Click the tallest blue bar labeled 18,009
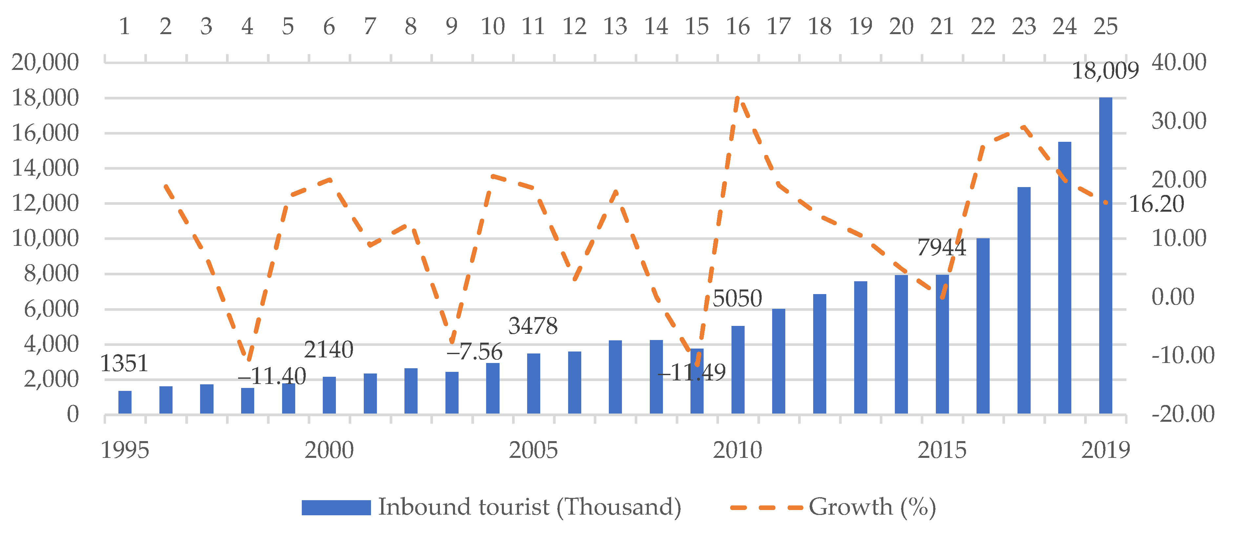click(1105, 255)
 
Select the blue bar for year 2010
click(737, 370)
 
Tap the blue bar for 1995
click(125, 402)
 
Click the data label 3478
click(533, 326)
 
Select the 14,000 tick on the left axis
click(45, 168)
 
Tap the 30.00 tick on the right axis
click(1179, 121)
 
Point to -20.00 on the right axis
click(1182, 414)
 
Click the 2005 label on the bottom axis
click(533, 450)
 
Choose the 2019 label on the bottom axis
click(1105, 450)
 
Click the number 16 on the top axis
click(737, 26)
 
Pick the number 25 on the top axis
click(1105, 26)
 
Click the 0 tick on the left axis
click(72, 414)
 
